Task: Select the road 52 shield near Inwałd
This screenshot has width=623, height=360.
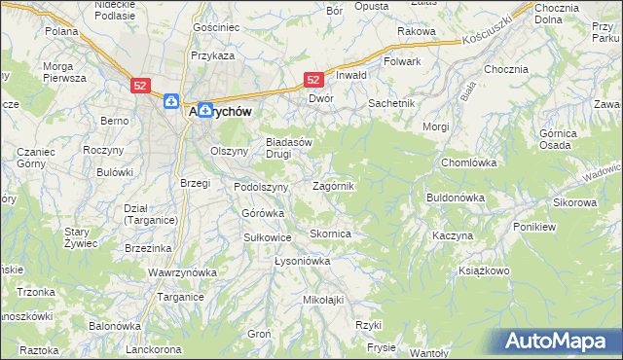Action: [314, 81]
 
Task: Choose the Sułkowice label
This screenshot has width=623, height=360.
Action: [267, 236]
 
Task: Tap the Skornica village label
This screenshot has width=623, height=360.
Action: [330, 234]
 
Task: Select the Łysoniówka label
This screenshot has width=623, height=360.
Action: [303, 261]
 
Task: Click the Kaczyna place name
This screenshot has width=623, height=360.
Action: [454, 236]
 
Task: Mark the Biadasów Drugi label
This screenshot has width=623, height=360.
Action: [289, 147]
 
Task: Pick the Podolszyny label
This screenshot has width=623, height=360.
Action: [261, 187]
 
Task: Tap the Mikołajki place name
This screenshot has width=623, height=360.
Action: [324, 300]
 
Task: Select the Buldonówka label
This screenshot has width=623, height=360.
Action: [455, 198]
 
